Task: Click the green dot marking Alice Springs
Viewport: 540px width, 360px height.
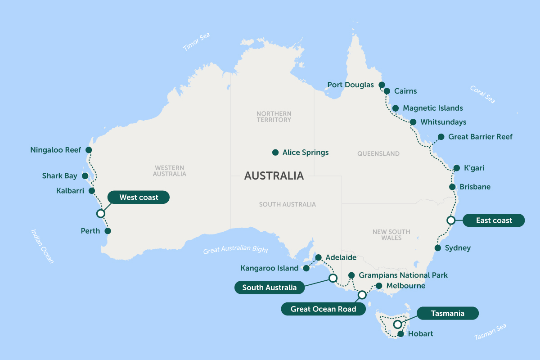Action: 275,153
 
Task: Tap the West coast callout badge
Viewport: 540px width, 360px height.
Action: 139,198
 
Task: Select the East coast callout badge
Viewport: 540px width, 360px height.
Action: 494,220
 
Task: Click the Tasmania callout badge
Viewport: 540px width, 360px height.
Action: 447,313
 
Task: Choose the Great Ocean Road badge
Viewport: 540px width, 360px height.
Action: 323,309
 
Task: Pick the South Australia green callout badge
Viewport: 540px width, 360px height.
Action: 269,288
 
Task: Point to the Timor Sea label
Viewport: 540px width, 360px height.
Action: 197,42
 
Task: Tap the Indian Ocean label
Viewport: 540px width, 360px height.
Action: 42,246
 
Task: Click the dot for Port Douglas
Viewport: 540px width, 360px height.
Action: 382,85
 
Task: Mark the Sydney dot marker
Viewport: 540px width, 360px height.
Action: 437,248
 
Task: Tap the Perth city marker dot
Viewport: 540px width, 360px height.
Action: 108,231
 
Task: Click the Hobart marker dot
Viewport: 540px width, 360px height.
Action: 400,334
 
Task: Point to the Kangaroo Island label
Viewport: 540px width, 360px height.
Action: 269,268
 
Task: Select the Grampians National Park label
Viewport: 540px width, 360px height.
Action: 403,275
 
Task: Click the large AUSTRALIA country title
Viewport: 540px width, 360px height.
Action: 274,176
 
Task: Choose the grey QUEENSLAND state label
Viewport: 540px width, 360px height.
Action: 378,153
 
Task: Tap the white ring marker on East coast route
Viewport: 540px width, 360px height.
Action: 450,220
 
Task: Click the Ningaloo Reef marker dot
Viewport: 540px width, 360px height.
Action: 89,150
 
